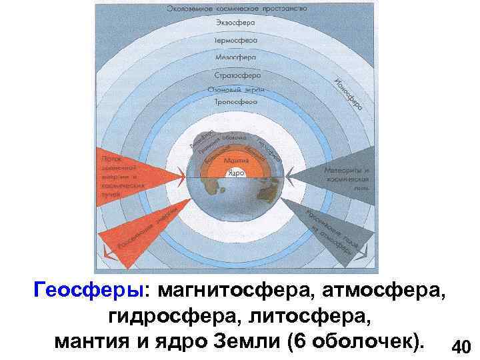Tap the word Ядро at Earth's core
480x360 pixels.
click(235, 172)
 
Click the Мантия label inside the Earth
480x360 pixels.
click(235, 161)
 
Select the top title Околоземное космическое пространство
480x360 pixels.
click(237, 8)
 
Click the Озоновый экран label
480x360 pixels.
click(236, 89)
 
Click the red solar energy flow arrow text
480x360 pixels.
click(120, 174)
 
